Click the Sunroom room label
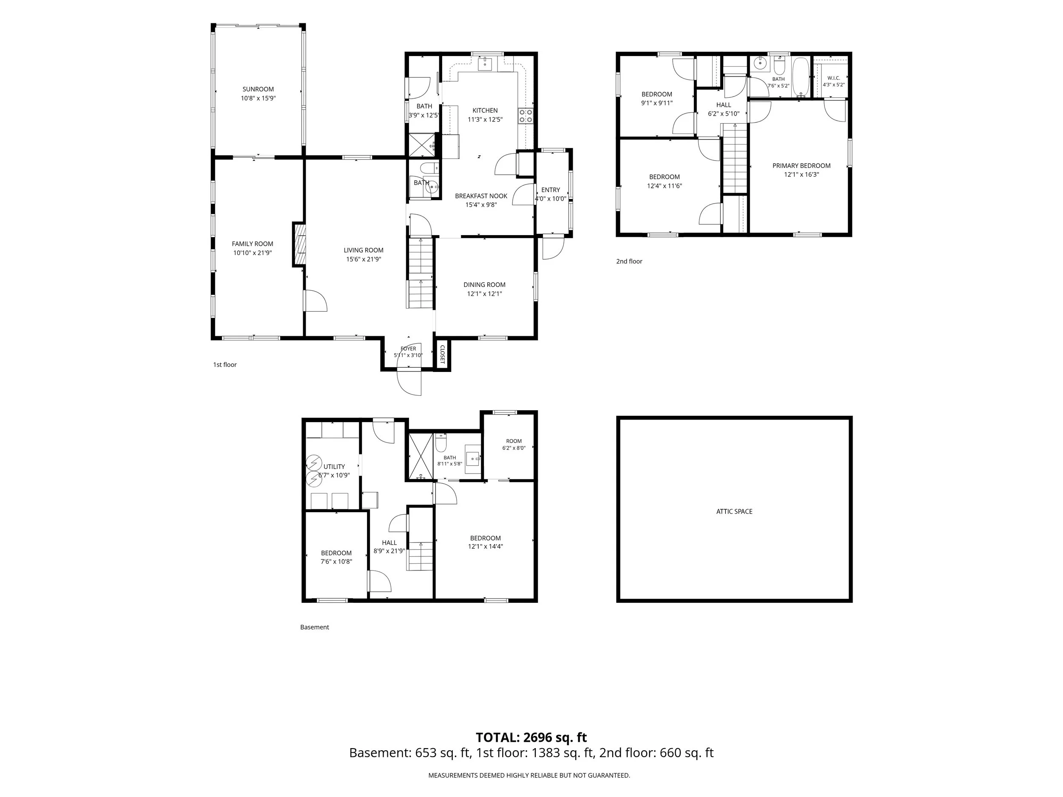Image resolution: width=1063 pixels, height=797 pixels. pos(258,89)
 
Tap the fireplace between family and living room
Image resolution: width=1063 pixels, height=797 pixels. pos(298,244)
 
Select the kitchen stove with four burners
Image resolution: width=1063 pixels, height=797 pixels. pos(525,116)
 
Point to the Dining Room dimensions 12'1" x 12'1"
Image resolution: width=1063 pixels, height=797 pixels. pos(484,294)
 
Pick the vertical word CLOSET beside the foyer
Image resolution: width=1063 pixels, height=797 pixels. pos(442,354)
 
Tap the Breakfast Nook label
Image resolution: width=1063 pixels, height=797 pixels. pos(481,196)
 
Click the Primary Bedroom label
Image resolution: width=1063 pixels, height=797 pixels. pos(801,166)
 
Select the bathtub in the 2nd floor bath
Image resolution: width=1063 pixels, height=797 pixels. pos(801,77)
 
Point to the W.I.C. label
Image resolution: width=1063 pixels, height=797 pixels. pos(833,78)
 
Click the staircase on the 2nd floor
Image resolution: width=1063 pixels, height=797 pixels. pos(735,158)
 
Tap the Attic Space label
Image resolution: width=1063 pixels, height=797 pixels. pos(734,512)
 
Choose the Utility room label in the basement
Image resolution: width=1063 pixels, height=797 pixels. pos(334,466)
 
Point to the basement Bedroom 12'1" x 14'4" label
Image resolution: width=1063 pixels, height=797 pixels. pos(486,538)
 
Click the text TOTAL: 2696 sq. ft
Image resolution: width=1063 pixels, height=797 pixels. pos(531,737)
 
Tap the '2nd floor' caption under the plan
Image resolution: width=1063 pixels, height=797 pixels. pos(629,261)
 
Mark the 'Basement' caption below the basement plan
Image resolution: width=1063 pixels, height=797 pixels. pos(314,627)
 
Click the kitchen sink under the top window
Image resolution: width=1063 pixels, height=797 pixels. pos(486,63)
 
